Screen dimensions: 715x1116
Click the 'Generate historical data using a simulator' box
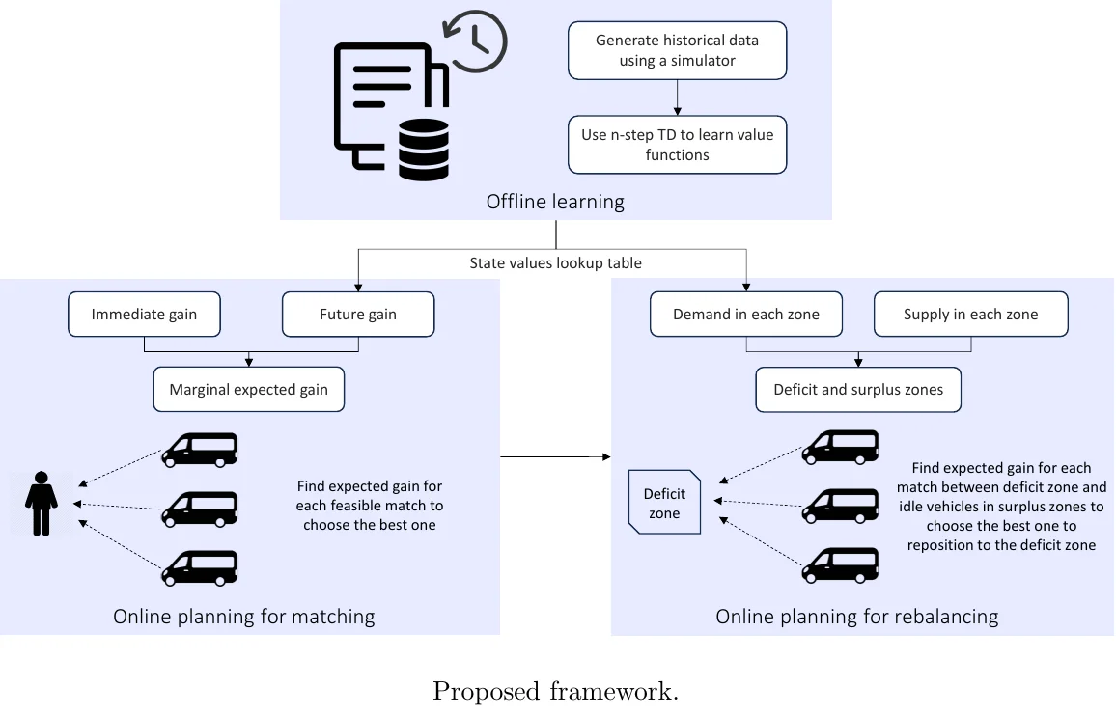click(677, 51)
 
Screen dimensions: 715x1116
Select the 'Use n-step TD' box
click(677, 145)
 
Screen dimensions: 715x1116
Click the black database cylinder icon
click(424, 150)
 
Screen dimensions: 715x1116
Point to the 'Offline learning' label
click(555, 202)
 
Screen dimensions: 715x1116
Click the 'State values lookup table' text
click(555, 262)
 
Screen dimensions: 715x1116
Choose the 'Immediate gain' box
click(144, 315)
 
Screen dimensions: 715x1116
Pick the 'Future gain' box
click(358, 315)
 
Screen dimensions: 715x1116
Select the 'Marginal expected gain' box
click(249, 390)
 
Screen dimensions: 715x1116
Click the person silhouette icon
click(41, 503)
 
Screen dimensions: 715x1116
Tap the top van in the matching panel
click(199, 450)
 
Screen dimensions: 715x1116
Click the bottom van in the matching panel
click(199, 567)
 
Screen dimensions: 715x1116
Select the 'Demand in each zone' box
click(745, 315)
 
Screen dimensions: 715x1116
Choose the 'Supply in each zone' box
click(970, 315)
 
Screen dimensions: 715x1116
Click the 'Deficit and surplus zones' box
click(858, 390)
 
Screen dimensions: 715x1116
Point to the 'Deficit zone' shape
click(664, 503)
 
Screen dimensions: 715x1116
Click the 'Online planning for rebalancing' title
click(856, 616)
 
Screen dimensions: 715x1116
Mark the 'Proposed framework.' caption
click(555, 691)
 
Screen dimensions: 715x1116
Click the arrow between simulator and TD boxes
click(677, 97)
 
